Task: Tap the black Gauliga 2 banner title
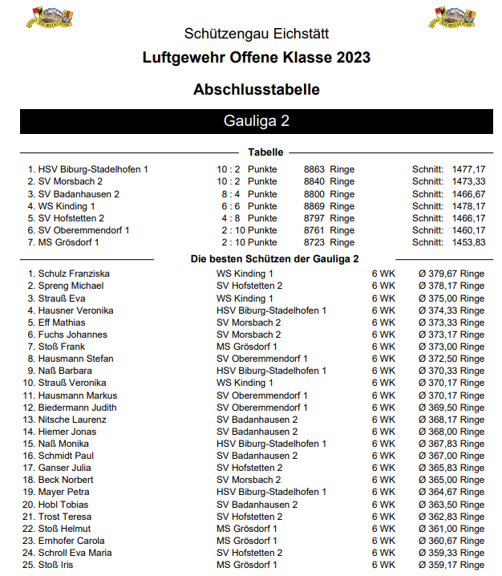pos(257,121)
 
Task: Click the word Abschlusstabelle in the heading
pos(257,89)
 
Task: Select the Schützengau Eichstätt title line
pos(257,34)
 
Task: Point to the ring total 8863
pos(314,169)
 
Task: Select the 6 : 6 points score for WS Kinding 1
pos(229,206)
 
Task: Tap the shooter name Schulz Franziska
pos(74,274)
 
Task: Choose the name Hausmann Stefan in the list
pos(76,359)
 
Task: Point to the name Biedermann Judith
pos(78,408)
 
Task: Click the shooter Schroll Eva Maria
pos(75,553)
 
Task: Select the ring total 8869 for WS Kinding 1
pos(314,206)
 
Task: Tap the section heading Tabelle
pos(265,152)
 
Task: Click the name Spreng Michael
pos(71,286)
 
